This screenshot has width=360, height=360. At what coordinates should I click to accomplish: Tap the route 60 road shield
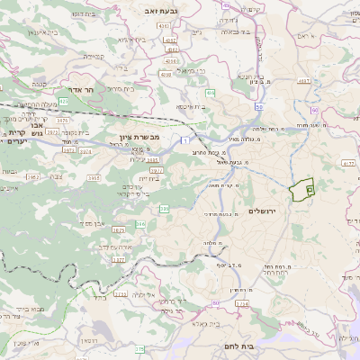(x=314, y=109)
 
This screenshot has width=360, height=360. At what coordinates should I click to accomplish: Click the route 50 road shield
(x=257, y=107)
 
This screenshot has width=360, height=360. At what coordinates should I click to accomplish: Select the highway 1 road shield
(x=184, y=139)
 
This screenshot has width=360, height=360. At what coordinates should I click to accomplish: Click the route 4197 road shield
(x=303, y=81)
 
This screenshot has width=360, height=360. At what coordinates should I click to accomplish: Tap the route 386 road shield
(x=164, y=209)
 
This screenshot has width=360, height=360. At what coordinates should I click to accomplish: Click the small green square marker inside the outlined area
(x=309, y=190)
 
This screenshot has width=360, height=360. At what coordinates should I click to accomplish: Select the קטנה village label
(x=94, y=55)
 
